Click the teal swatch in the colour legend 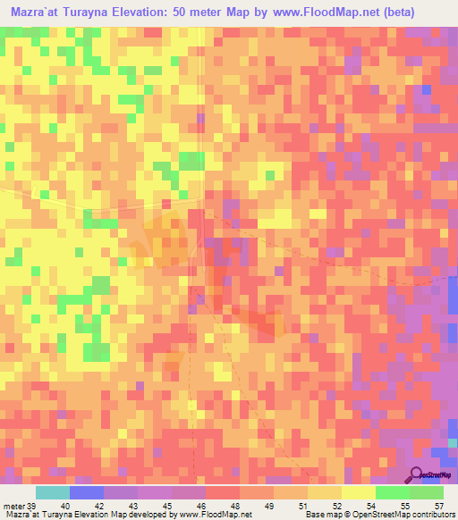(x=53, y=492)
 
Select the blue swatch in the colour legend (x=87, y=492)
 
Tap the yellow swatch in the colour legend (x=359, y=492)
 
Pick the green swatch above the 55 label (x=393, y=492)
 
